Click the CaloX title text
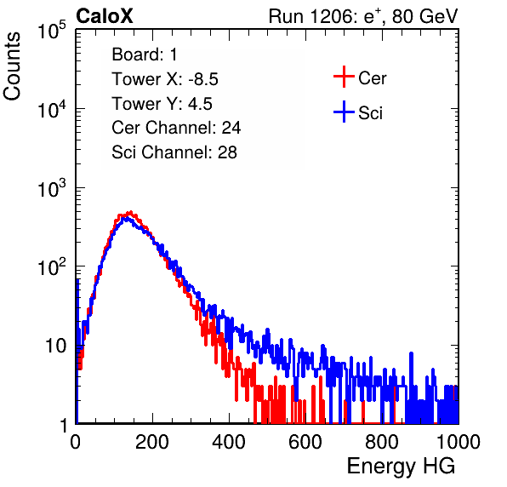[x=104, y=16]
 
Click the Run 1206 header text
[x=363, y=16]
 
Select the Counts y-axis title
[x=12, y=66]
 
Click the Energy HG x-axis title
[x=401, y=467]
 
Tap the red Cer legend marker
[x=344, y=77]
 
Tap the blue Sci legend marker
[x=344, y=112]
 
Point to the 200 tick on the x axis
[x=152, y=442]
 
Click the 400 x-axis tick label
[x=229, y=442]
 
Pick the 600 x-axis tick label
[x=305, y=442]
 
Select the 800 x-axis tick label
[x=382, y=442]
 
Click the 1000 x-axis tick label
[x=459, y=442]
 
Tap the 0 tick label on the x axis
[x=76, y=442]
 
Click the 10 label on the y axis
[x=55, y=346]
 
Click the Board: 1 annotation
[x=145, y=54]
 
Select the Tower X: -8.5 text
[x=165, y=79]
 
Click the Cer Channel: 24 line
[x=176, y=128]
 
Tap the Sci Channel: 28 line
[x=174, y=152]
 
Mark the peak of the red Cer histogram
[x=130, y=212]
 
